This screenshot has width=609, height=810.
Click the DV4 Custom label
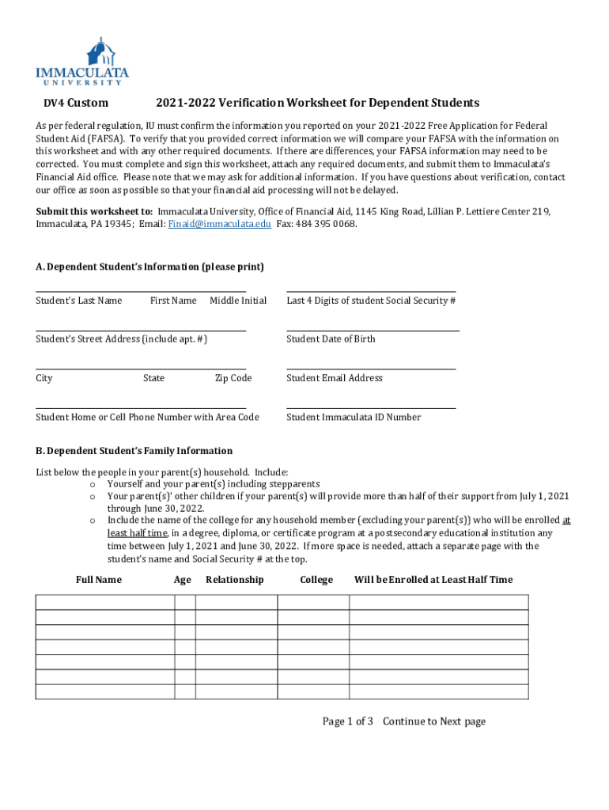pos(75,103)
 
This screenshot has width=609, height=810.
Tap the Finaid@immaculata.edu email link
pos(220,224)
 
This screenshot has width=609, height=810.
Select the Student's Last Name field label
pos(79,301)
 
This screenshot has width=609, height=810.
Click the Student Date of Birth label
pos(331,339)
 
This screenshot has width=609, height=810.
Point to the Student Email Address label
pos(334,378)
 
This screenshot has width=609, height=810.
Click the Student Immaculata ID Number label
pos(354,417)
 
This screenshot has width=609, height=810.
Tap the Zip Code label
pos(233,378)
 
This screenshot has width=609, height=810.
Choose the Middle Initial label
pos(238,301)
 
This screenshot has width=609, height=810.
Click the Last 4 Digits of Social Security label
pos(371,301)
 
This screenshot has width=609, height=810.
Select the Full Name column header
pos(99,580)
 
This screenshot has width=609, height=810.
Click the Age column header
pos(183,580)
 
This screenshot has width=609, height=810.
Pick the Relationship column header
pos(235,580)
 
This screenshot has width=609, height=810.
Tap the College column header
pos(316,580)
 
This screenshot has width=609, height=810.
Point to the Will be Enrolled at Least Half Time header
pos(433,580)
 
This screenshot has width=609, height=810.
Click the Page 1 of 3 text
pos(347,721)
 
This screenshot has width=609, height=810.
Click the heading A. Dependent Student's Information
pos(149,267)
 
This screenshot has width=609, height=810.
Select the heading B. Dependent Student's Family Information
pos(134,451)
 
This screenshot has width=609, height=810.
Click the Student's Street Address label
pos(122,339)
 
